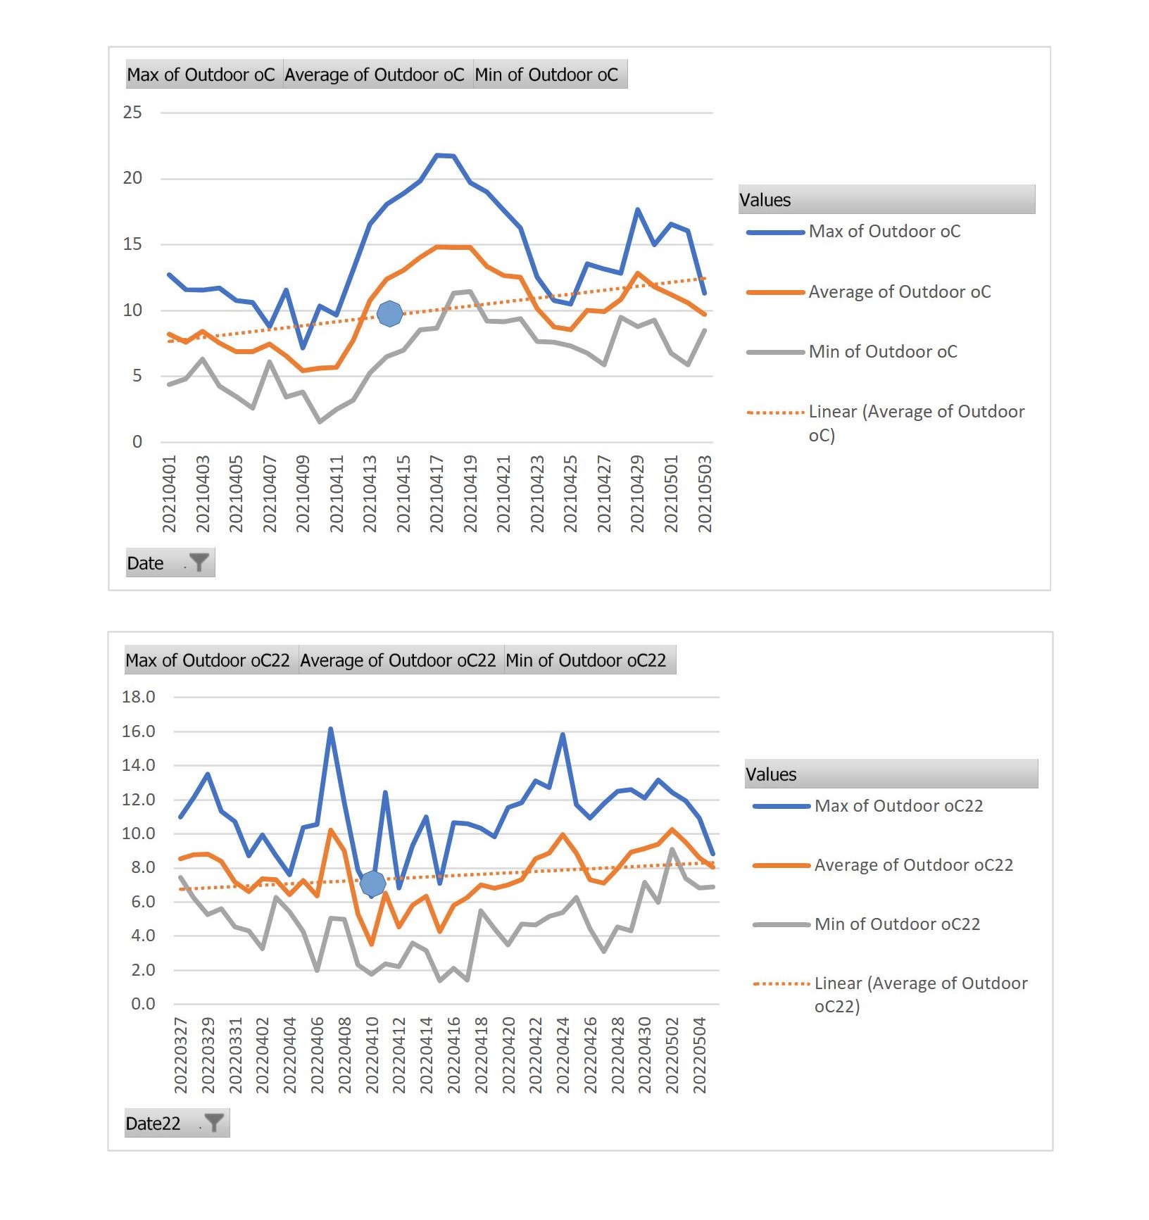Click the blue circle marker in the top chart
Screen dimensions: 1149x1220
(389, 313)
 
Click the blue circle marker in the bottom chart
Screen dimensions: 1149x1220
(372, 882)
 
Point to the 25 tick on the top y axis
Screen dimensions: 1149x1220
(132, 113)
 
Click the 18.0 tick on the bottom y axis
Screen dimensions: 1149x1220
(139, 697)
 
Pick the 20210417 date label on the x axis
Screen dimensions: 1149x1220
(437, 493)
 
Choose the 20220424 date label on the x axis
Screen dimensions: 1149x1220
(563, 1055)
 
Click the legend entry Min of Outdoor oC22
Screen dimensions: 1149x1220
(867, 924)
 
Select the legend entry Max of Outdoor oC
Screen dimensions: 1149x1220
(853, 231)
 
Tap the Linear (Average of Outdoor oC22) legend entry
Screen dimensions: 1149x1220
(891, 994)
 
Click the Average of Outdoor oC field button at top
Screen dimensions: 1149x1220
(375, 75)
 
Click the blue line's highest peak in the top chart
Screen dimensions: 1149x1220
(437, 155)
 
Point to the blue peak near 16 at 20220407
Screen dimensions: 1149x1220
(330, 729)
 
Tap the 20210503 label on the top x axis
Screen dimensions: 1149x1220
(705, 493)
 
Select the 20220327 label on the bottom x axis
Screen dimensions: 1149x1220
(181, 1055)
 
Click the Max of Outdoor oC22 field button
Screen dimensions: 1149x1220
(208, 660)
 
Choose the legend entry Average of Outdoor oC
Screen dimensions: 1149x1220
(869, 291)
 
